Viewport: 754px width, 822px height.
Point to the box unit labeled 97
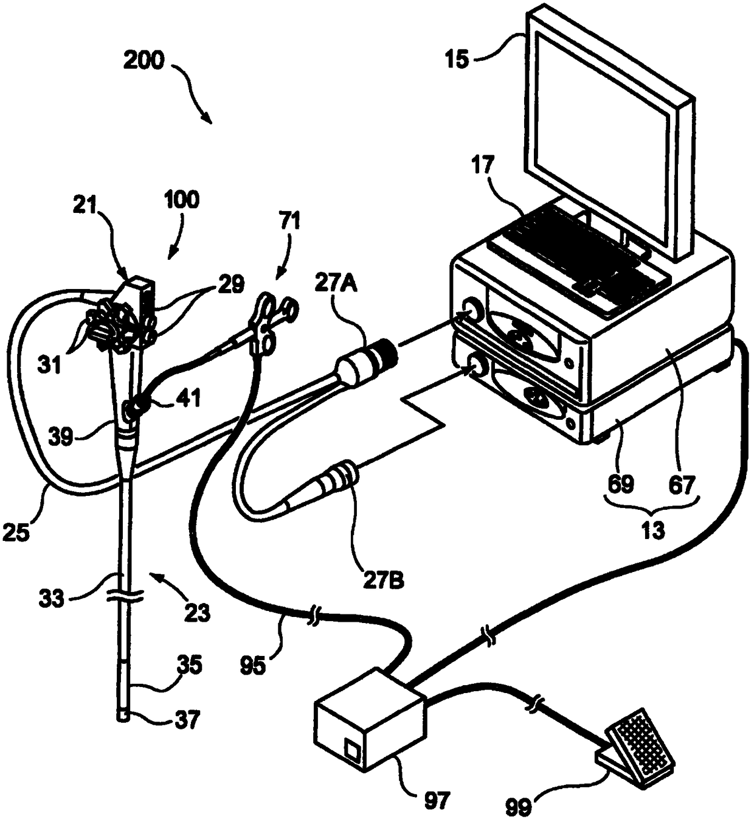[x=368, y=714]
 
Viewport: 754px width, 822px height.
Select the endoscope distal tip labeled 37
[x=124, y=716]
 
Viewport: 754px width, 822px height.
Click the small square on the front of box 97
[x=351, y=748]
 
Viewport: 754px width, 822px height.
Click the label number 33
[x=51, y=598]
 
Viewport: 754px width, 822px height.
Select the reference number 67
[x=681, y=484]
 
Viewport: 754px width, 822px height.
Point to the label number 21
[x=86, y=207]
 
